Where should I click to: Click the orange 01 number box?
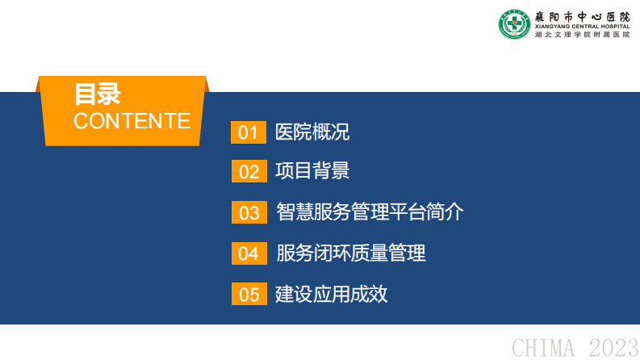point(248,132)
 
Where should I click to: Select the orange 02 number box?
point(248,172)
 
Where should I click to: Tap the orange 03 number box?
point(248,212)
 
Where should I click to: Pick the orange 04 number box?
point(248,253)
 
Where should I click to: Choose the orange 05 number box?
point(248,295)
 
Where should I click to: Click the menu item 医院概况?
point(312,132)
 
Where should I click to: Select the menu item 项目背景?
point(312,171)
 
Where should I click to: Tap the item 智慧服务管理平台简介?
point(370,212)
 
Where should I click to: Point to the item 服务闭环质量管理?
point(350,253)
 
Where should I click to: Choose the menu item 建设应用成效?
point(332,294)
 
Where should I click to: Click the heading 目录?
point(97,94)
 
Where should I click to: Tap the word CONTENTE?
point(132,121)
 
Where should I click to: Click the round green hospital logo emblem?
point(514,24)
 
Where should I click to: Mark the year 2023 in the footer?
point(613,348)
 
